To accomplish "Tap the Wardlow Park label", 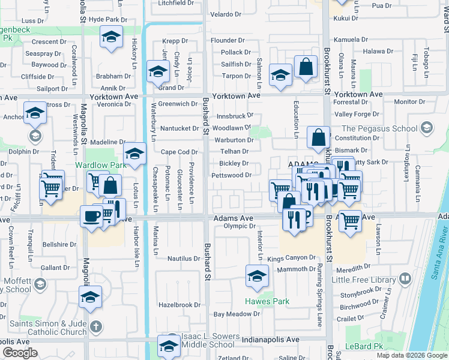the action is coord(92,164).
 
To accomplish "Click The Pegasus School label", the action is coord(379,128).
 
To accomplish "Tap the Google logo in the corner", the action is coord(20,353).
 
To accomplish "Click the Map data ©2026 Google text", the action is coord(411,355).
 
